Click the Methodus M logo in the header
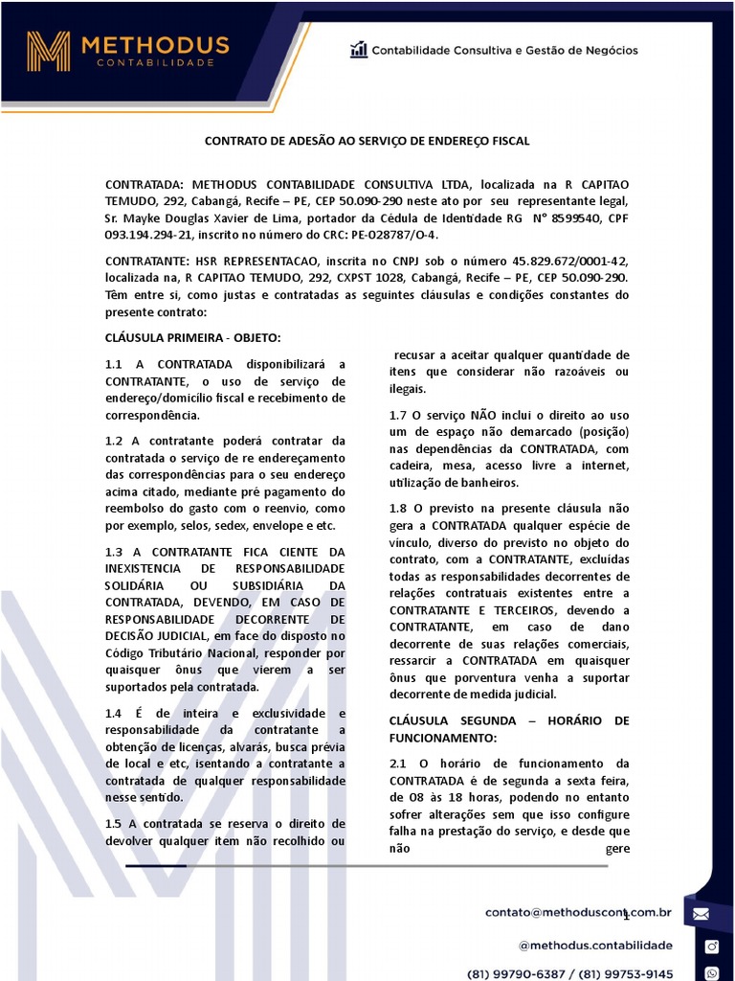pos(48,51)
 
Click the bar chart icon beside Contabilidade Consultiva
pos(359,50)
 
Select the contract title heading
pos(367,141)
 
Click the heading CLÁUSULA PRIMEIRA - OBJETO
pos(192,337)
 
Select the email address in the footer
pos(578,913)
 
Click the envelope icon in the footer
pos(701,913)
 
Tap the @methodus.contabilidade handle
pos(595,946)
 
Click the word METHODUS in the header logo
pos(155,45)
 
